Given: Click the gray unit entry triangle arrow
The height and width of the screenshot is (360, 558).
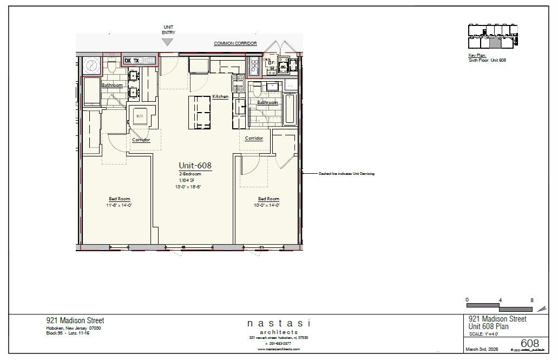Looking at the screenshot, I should click(x=168, y=42).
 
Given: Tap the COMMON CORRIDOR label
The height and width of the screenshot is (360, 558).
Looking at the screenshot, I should click(x=235, y=43).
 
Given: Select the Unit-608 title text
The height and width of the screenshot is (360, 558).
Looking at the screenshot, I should click(x=195, y=166).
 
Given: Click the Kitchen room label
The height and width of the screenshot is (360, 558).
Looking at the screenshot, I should click(x=220, y=96).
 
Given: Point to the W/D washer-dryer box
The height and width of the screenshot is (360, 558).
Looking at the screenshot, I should click(x=139, y=116).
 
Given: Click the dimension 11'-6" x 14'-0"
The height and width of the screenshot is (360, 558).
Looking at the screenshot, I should click(x=119, y=205).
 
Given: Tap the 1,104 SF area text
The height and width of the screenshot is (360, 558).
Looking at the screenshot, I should click(x=187, y=180).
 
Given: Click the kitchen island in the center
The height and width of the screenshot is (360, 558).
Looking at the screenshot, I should click(x=199, y=112).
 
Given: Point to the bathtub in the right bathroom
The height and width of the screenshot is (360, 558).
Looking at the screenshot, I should click(x=290, y=109).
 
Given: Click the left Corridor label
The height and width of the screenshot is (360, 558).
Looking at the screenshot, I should click(x=141, y=140).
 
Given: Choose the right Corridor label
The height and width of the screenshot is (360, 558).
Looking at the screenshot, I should click(x=254, y=138).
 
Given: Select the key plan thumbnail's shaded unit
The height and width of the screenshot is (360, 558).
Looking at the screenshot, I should click(x=495, y=43).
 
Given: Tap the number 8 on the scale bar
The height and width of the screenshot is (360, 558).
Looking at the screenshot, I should click(x=532, y=300).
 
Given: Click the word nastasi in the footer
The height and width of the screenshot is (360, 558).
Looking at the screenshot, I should click(x=279, y=323).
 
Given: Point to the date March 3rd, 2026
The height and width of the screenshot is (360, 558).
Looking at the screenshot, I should click(x=481, y=349).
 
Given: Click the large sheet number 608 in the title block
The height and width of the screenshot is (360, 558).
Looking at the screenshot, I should click(x=529, y=344).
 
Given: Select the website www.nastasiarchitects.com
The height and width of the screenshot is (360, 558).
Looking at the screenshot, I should click(x=279, y=349).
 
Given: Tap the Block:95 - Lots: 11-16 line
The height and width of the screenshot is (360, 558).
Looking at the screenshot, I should click(x=68, y=333).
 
